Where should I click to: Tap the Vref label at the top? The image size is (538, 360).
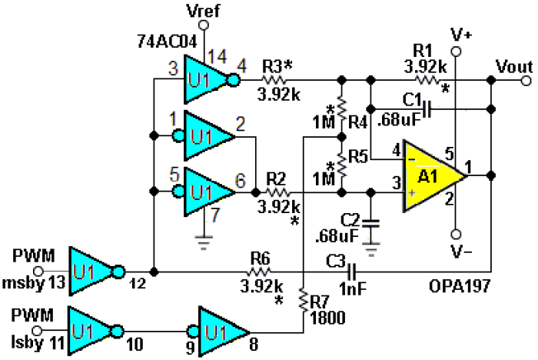pyautogui.click(x=203, y=10)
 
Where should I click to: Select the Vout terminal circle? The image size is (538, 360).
pyautogui.click(x=526, y=81)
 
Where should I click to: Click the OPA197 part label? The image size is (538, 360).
pyautogui.click(x=460, y=286)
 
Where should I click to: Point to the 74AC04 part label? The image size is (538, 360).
pyautogui.click(x=167, y=42)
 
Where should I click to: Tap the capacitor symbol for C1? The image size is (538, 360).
pyautogui.click(x=427, y=109)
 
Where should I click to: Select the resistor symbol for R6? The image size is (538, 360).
pyautogui.click(x=258, y=272)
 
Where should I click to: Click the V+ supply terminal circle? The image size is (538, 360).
pyautogui.click(x=456, y=52)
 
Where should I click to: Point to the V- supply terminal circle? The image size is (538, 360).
pyautogui.click(x=456, y=235)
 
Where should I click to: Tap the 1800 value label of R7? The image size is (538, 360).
pyautogui.click(x=327, y=318)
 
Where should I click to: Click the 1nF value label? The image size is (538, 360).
pyautogui.click(x=353, y=288)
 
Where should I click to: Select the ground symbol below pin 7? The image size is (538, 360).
pyautogui.click(x=204, y=242)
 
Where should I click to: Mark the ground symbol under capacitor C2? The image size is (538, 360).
pyautogui.click(x=371, y=249)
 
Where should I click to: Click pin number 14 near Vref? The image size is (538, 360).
pyautogui.click(x=218, y=56)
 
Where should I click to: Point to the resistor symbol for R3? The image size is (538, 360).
pyautogui.click(x=274, y=81)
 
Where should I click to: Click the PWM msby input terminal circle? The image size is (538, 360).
pyautogui.click(x=38, y=272)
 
